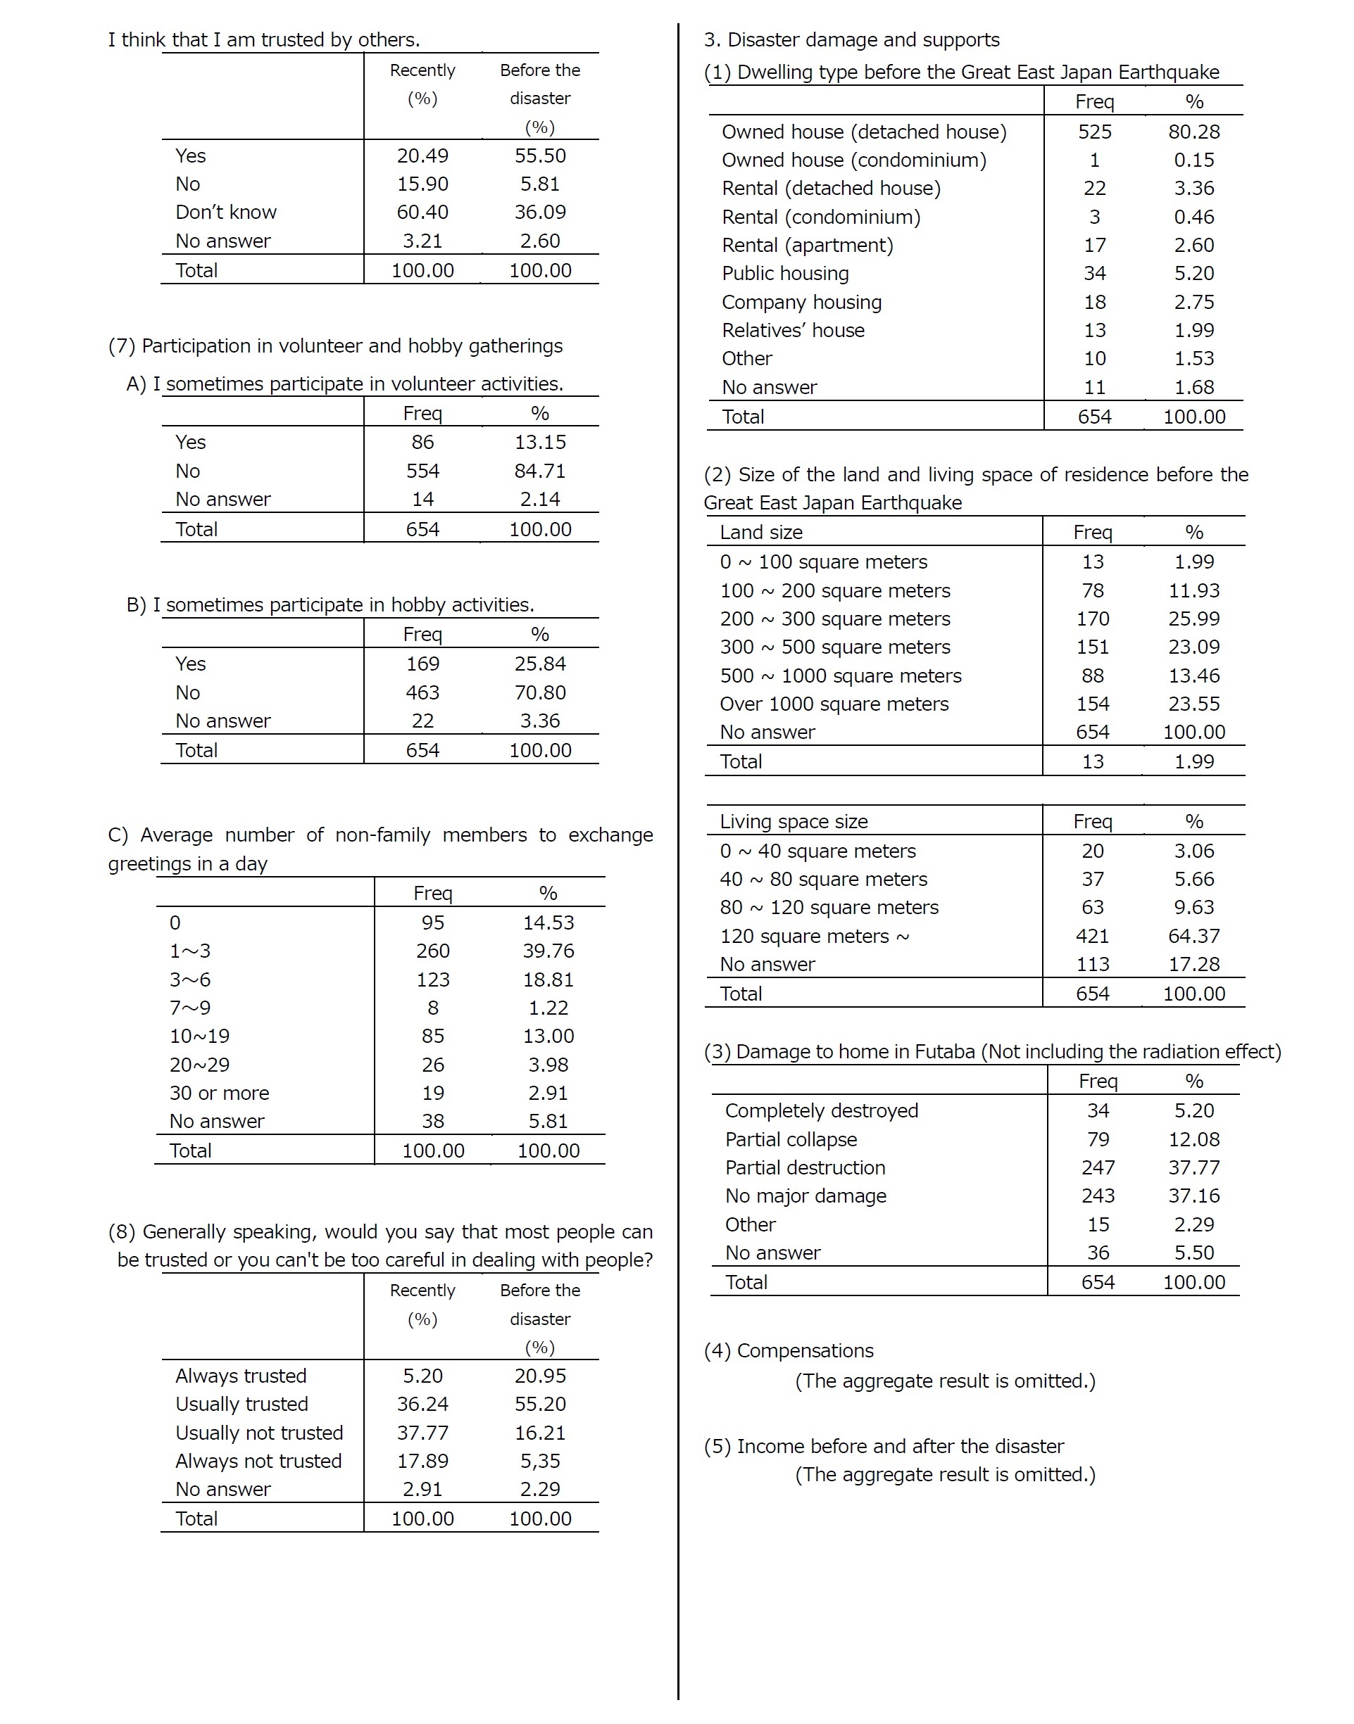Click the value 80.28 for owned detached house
pos(1194,132)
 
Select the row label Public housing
pos(785,273)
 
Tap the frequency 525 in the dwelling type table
pos(1094,132)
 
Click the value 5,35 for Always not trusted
pos(540,1460)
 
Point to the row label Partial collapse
pos(791,1139)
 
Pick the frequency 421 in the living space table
pos(1091,936)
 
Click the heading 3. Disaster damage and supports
pos(851,39)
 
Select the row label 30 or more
pos(219,1093)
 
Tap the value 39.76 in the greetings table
pos(548,951)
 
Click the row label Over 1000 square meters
pos(834,704)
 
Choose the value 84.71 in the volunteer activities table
pos(540,471)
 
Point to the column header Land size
pos(761,533)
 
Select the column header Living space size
pos(794,822)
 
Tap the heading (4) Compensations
pos(788,1350)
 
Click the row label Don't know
pos(226,213)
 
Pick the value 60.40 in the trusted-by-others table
pos(422,213)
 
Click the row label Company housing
pos(801,302)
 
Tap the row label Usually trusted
pos(242,1404)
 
